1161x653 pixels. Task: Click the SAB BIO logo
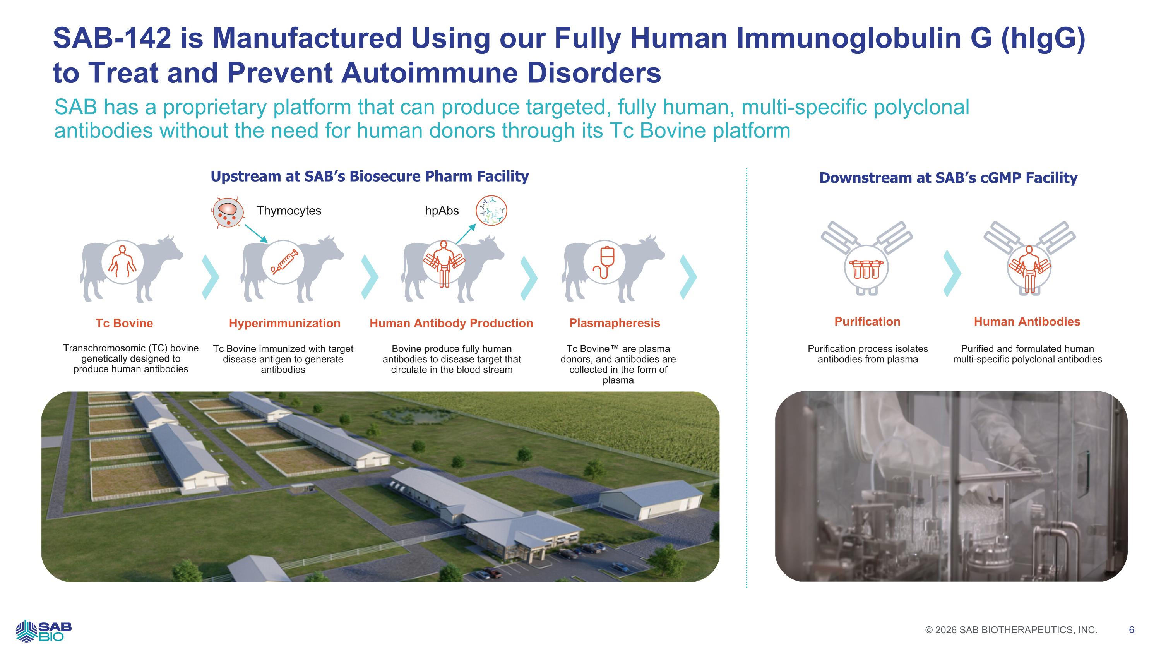click(x=43, y=631)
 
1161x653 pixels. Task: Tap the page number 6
click(x=1131, y=630)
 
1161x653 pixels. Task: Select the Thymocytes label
click(x=289, y=211)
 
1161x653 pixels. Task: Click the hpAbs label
click(x=442, y=211)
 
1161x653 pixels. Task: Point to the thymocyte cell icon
click(x=228, y=212)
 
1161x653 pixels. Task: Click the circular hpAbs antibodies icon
click(x=491, y=211)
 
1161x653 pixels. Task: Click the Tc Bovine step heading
click(x=124, y=323)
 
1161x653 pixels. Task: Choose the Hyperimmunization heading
click(x=285, y=323)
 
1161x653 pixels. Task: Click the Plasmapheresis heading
click(x=615, y=323)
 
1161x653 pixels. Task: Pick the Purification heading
click(x=868, y=322)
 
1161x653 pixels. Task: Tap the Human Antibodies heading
click(x=1027, y=322)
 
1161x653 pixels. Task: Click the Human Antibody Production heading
click(x=451, y=323)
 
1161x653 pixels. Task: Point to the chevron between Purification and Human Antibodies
click(x=952, y=274)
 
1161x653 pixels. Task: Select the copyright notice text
click(x=1011, y=630)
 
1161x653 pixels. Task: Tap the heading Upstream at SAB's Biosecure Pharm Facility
click(x=370, y=176)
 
